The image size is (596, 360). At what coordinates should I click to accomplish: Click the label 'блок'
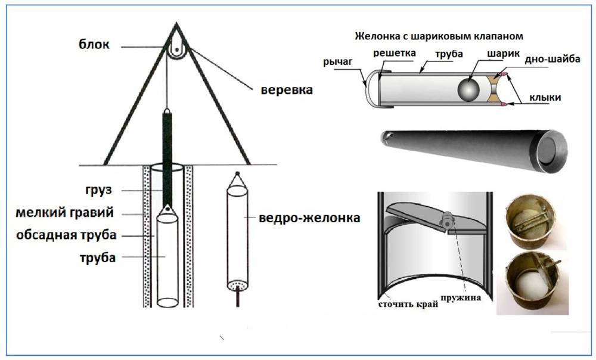94,44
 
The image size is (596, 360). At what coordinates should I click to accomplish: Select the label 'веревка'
287,90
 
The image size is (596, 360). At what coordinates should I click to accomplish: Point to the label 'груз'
99,190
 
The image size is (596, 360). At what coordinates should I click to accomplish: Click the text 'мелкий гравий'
64,213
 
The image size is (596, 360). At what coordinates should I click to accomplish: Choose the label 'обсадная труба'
66,235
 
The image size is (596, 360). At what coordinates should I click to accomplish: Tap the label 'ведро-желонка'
309,218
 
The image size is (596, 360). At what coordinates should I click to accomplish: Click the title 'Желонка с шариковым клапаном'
439,36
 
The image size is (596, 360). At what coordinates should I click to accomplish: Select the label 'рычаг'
338,61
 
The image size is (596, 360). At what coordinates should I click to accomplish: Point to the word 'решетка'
394,53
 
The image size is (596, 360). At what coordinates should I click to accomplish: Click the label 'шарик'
503,54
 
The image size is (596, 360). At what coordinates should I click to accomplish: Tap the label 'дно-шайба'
552,59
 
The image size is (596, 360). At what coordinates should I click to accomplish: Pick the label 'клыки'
545,98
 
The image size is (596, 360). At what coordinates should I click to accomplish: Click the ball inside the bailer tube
468,90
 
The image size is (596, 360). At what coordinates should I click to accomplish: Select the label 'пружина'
461,297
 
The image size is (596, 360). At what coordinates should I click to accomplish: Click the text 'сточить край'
408,304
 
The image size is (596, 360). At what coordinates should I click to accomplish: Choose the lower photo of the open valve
533,281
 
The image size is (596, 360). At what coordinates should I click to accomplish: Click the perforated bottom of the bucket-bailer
238,284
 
